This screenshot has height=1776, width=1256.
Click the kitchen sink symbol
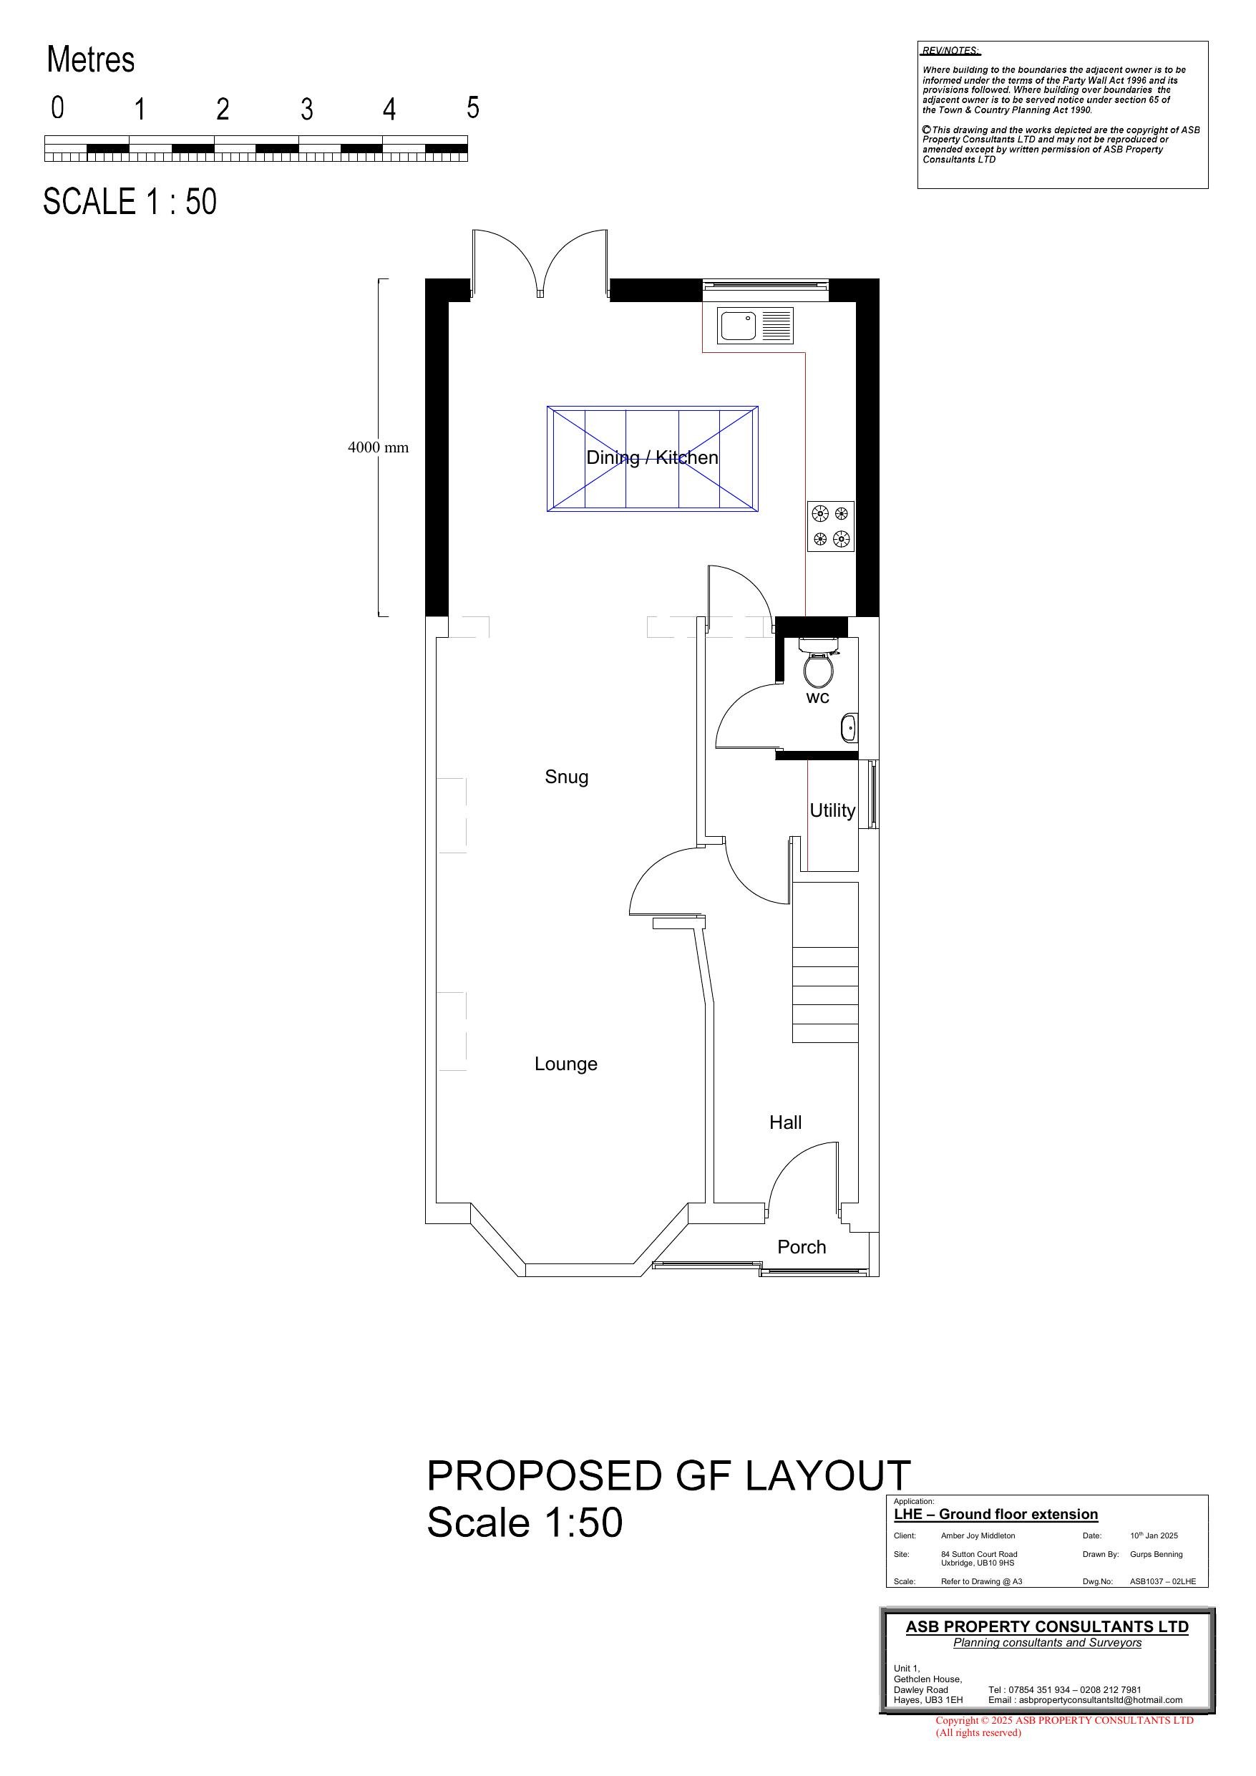tap(755, 326)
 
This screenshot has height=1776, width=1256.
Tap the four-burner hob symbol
tap(831, 526)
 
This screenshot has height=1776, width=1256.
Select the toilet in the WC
tap(817, 666)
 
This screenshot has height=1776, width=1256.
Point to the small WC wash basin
tap(848, 728)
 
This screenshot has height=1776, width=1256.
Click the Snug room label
tap(566, 777)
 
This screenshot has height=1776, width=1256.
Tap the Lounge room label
tap(565, 1064)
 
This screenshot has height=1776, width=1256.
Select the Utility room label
tap(832, 810)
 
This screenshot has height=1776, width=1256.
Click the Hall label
tap(785, 1122)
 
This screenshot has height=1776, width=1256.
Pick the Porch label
tap(802, 1247)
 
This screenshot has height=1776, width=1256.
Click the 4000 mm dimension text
tap(377, 447)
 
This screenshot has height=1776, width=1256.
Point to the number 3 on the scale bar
tap(306, 110)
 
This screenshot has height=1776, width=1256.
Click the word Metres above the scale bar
tap(90, 59)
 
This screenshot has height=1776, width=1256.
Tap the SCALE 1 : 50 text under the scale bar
tap(130, 202)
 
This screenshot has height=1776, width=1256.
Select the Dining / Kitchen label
tap(652, 457)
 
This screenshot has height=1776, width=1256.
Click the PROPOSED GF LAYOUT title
tap(668, 1475)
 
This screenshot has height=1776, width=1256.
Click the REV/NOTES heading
tap(950, 51)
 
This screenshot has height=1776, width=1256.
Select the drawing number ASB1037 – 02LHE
tap(1162, 1581)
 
